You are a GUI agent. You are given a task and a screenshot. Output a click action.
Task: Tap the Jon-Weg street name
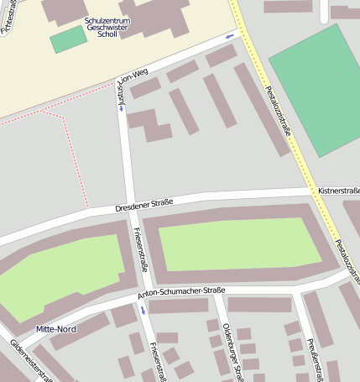[133, 76]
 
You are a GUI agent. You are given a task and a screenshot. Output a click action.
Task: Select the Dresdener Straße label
[143, 203]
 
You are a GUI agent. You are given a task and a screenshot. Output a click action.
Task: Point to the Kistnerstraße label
[338, 191]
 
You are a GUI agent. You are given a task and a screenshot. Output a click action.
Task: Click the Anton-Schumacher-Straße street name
[180, 293]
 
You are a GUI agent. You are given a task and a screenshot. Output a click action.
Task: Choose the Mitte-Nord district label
[56, 329]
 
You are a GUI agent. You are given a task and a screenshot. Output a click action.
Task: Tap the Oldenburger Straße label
[230, 353]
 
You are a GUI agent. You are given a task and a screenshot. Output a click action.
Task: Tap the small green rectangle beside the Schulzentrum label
[68, 39]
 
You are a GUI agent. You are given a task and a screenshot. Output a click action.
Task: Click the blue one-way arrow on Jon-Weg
[230, 37]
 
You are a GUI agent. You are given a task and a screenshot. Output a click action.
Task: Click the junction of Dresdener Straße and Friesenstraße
[131, 207]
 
